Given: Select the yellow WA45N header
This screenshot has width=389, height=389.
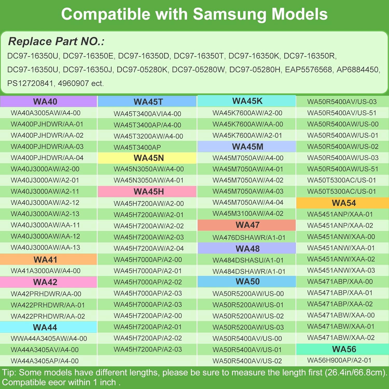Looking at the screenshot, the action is tap(147, 158).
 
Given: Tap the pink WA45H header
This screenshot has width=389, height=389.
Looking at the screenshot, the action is tap(147, 192).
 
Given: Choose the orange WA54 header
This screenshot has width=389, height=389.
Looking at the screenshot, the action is tap(343, 203).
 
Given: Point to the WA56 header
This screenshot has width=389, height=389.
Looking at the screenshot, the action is tap(343, 349).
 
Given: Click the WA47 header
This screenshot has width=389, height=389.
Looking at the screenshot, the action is tap(247, 225).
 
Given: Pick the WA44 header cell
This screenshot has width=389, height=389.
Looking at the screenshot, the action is tap(48, 327).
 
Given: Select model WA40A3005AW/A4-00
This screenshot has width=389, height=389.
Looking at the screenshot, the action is tap(46, 113).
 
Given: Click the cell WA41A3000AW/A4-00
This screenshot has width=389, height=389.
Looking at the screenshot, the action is tap(46, 271).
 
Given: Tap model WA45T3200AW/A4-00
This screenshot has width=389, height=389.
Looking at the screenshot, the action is tap(148, 136).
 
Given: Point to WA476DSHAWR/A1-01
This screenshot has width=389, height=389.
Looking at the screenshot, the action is tap(249, 238).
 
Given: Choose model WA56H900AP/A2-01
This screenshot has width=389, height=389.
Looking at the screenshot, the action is tap(339, 360).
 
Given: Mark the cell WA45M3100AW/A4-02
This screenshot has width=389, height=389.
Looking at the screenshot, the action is tap(248, 214).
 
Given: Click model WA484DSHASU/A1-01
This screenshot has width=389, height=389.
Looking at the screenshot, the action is tap(248, 260).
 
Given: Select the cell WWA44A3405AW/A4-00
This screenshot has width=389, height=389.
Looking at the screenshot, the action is tap(49, 339).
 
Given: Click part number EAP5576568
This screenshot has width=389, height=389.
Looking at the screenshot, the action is tap(308, 70).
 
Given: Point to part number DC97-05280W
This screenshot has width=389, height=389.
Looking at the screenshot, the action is tap(198, 70).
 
